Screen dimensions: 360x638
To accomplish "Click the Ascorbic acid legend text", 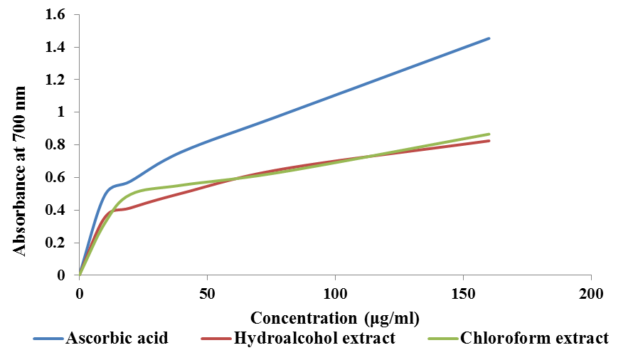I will click(x=117, y=338).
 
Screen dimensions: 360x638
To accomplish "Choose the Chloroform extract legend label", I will click(x=535, y=338).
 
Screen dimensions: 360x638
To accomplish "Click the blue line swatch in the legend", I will click(x=48, y=339).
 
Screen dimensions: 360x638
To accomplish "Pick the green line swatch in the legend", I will click(x=442, y=339).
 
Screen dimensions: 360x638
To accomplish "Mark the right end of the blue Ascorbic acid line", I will click(x=489, y=38).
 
